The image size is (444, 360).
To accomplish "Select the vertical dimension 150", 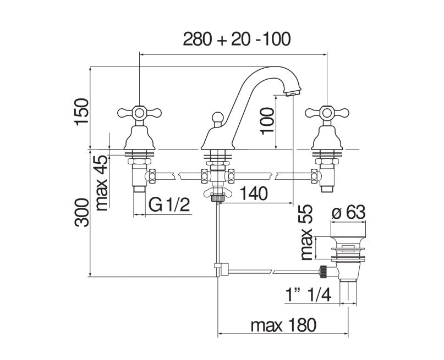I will coord(81,112).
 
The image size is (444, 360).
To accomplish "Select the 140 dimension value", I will coord(254,194).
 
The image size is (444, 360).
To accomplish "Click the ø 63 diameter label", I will coord(349,212).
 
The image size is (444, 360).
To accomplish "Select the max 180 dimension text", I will coord(283,325).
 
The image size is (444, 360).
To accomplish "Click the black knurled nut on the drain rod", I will coord(325,270).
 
